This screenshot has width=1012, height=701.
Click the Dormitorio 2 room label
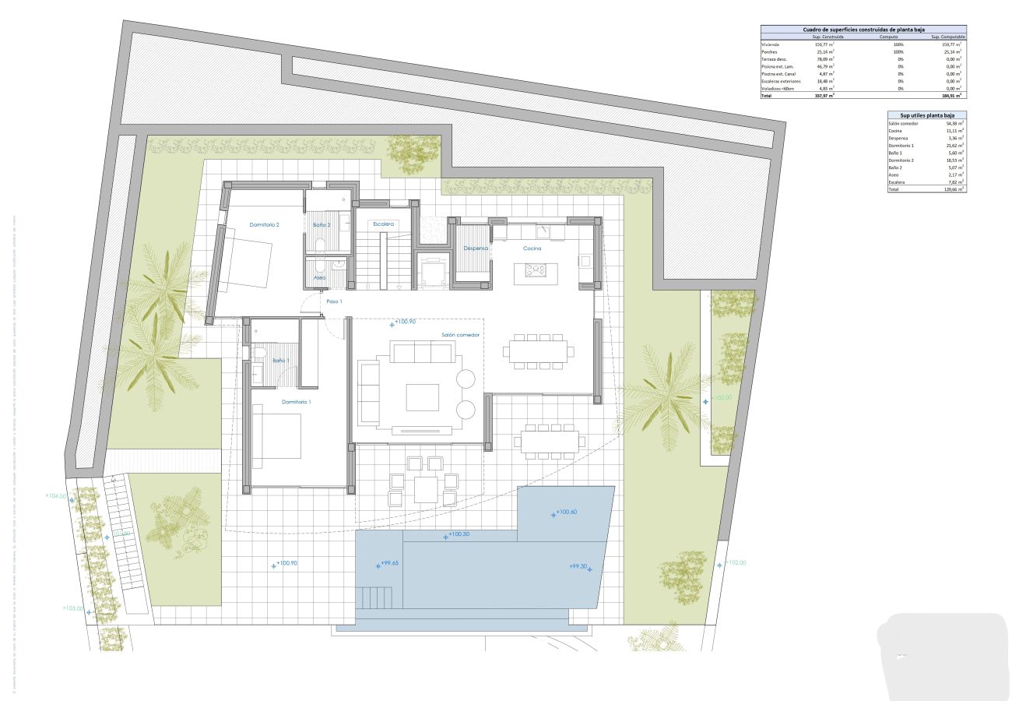pyautogui.click(x=264, y=224)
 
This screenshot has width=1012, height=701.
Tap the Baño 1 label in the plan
pyautogui.click(x=280, y=361)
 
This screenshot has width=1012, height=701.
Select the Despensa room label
pyautogui.click(x=475, y=248)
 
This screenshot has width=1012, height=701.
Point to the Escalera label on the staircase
pyautogui.click(x=383, y=224)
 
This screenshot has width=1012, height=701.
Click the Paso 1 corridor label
pyautogui.click(x=334, y=301)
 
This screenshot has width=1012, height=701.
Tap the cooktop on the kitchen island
pyautogui.click(x=536, y=269)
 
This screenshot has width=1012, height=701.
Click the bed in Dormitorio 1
pyautogui.click(x=278, y=436)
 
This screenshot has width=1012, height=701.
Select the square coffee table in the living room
pyautogui.click(x=422, y=396)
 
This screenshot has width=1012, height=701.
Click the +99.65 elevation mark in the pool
pyautogui.click(x=389, y=564)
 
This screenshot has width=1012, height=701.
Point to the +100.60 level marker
pyautogui.click(x=565, y=513)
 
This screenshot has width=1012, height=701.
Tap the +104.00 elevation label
pyautogui.click(x=57, y=495)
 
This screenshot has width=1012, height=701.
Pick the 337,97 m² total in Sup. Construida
pyautogui.click(x=824, y=96)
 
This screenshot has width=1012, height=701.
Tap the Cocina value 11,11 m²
pyautogui.click(x=954, y=131)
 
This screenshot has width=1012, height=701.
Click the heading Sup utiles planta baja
pyautogui.click(x=926, y=114)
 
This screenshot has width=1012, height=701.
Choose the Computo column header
pyautogui.click(x=888, y=37)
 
